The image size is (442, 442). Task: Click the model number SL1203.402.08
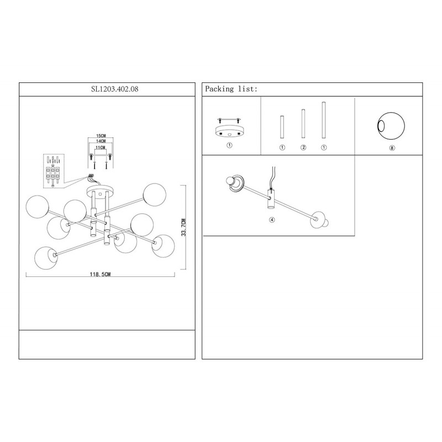114,89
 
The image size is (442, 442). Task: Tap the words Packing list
231,89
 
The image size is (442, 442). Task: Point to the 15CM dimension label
101,136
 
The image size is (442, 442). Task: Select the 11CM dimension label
101,148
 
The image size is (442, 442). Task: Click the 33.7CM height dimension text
183,227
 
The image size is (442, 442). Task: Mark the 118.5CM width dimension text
100,274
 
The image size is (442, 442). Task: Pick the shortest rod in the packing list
282,127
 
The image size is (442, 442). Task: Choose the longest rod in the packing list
324,120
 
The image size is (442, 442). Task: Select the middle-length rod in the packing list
303,123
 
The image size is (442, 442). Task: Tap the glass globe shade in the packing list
391,126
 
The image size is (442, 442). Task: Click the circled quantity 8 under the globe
392,148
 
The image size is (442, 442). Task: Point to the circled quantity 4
272,219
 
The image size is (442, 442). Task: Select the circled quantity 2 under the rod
303,148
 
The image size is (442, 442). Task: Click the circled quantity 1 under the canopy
229,145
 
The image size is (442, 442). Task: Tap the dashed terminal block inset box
54,171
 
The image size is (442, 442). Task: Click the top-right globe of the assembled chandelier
155,194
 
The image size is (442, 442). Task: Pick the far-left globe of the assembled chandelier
37,207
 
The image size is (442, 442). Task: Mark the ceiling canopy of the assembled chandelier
99,191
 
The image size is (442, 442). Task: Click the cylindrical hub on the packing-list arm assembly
271,199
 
